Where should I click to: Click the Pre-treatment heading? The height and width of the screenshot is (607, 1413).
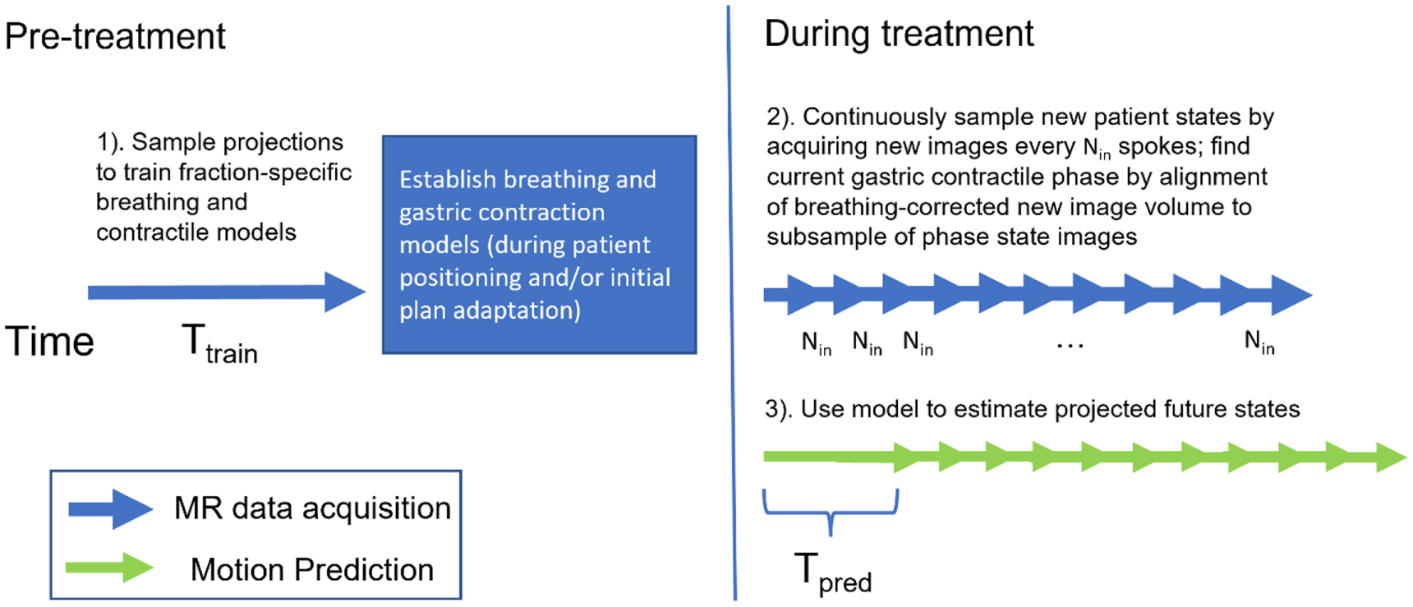click(x=115, y=37)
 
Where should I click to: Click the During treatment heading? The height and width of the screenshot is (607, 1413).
click(x=899, y=34)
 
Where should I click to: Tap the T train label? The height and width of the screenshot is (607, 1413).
click(x=219, y=343)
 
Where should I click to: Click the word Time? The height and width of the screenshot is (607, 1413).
click(x=49, y=342)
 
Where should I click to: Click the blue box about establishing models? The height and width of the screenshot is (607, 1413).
click(x=539, y=245)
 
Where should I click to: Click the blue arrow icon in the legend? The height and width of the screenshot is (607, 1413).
click(x=110, y=509)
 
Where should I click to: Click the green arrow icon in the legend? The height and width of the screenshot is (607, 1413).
click(x=110, y=568)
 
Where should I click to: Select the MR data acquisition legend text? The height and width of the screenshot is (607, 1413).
click(x=312, y=508)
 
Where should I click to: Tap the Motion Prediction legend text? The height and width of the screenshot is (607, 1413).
click(x=311, y=569)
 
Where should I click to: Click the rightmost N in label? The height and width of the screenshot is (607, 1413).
click(x=1259, y=342)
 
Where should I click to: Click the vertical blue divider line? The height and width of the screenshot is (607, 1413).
click(x=731, y=304)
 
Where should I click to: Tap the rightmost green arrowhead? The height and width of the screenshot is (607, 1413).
click(x=1390, y=458)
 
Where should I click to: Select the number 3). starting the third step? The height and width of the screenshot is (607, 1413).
click(x=778, y=409)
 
